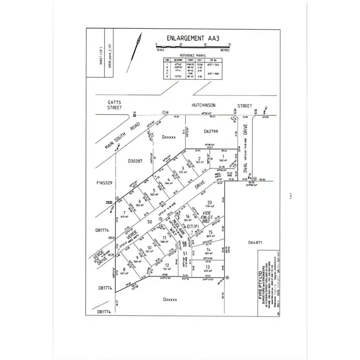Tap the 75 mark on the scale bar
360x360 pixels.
click(229, 44)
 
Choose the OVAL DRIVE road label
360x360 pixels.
click(245, 145)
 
